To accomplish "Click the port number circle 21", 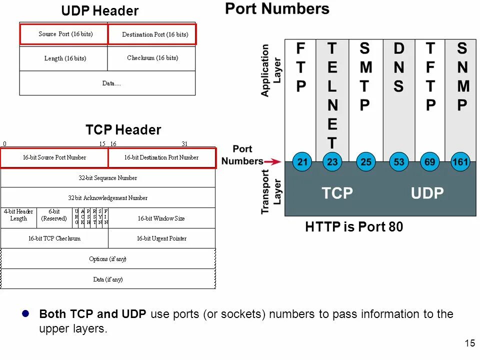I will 302,162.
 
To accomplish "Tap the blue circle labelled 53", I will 398,162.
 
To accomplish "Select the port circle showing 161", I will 460,162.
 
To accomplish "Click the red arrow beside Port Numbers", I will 272,161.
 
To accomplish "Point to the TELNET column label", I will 332,95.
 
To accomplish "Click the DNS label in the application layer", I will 398,67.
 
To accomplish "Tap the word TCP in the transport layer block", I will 337,193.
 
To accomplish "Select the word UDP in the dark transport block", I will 427,193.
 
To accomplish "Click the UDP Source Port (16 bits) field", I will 63,34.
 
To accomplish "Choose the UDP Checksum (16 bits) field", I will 152,58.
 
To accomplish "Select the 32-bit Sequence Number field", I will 108,177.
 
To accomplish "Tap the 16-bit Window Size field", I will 161,218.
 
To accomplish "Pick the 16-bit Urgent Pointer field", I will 161,238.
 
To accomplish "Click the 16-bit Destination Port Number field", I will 161,157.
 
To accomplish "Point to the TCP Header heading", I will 123,130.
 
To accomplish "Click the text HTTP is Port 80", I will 353,227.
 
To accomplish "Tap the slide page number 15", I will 469,343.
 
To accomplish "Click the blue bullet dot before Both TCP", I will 27,313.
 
